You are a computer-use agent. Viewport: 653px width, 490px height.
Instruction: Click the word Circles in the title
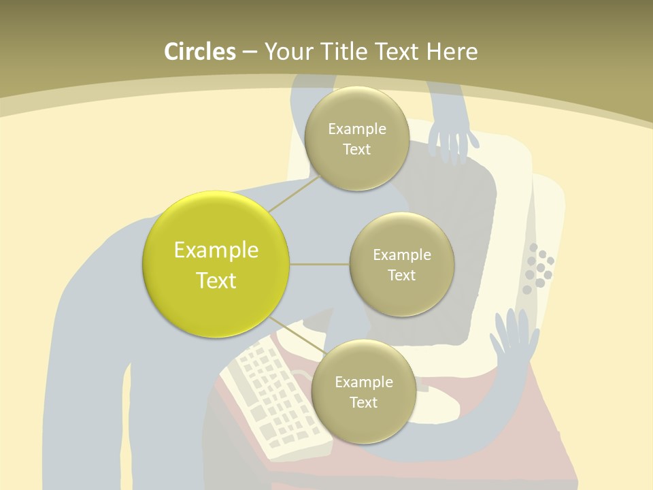tap(199, 52)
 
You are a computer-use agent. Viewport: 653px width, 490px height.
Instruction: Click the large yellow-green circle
tap(216, 264)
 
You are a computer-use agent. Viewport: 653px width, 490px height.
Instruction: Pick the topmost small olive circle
tap(356, 139)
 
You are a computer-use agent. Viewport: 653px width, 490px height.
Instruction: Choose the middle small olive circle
tap(401, 265)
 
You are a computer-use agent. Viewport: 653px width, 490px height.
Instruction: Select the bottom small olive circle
tap(363, 392)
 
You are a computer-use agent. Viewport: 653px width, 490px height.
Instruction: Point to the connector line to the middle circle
tap(320, 264)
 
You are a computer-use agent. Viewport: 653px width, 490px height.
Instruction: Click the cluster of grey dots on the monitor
tap(538, 267)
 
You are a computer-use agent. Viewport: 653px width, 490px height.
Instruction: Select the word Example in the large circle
tap(216, 250)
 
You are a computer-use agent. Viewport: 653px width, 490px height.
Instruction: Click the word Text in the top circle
tap(356, 150)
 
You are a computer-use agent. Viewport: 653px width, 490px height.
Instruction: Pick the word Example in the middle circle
tap(401, 255)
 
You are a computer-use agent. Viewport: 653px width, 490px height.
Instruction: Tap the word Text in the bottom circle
tap(363, 403)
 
